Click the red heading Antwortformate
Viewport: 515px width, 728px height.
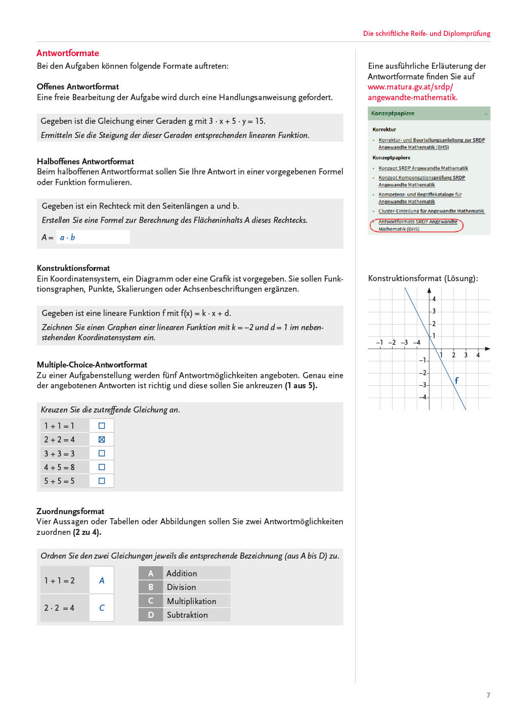[x=68, y=53]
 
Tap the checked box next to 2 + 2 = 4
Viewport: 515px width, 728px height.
[x=102, y=439]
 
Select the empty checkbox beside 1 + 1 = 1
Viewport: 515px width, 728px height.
[x=102, y=426]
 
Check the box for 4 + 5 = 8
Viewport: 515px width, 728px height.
[x=102, y=467]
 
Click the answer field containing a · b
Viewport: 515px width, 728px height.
[x=93, y=237]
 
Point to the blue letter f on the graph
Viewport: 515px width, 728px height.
[x=456, y=381]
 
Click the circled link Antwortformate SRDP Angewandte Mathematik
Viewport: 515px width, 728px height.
[x=417, y=225]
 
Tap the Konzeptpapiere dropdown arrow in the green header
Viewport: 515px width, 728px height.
[x=486, y=114]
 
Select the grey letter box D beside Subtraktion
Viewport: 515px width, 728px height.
[x=151, y=615]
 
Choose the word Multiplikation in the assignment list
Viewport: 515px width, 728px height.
[x=191, y=601]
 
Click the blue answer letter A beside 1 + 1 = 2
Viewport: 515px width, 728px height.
[x=102, y=580]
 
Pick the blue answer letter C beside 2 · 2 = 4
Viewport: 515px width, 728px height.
[x=102, y=608]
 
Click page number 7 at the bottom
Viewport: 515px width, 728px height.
[x=488, y=695]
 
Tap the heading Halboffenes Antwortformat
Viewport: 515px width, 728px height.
[x=85, y=161]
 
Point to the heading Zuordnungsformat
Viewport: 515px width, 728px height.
[x=70, y=511]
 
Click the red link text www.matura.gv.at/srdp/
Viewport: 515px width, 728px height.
[x=410, y=87]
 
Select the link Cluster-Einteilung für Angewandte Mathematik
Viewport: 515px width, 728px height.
[x=431, y=211]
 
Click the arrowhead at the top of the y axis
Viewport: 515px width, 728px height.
[x=429, y=291]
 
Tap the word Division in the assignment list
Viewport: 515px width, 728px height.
[x=181, y=587]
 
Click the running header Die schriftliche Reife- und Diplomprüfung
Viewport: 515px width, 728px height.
[x=426, y=33]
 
